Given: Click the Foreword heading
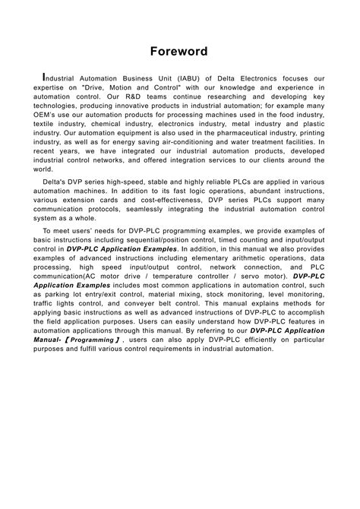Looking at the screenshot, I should point(179,52).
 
